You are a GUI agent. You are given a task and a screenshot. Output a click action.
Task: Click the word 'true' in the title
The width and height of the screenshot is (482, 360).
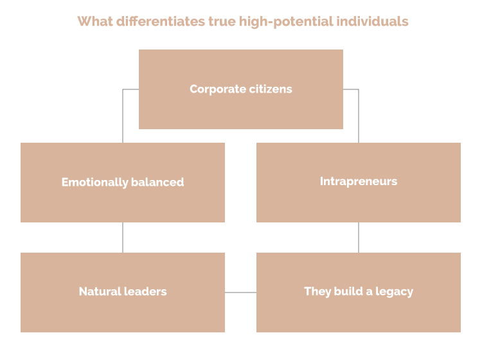pyautogui.click(x=222, y=21)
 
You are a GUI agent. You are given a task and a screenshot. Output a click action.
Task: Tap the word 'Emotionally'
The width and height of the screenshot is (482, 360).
pyautogui.click(x=95, y=183)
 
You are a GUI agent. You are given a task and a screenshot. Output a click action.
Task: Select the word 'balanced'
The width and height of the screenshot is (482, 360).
pyautogui.click(x=158, y=183)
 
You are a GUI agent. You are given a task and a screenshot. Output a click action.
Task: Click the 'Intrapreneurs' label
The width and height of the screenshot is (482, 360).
pyautogui.click(x=359, y=181)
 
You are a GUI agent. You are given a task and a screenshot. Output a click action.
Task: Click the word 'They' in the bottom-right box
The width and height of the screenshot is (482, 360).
pyautogui.click(x=317, y=292)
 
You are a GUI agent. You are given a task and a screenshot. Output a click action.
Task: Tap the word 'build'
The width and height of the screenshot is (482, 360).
pyautogui.click(x=347, y=292)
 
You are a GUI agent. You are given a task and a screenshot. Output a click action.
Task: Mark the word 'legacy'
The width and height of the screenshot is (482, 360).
pyautogui.click(x=393, y=292)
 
